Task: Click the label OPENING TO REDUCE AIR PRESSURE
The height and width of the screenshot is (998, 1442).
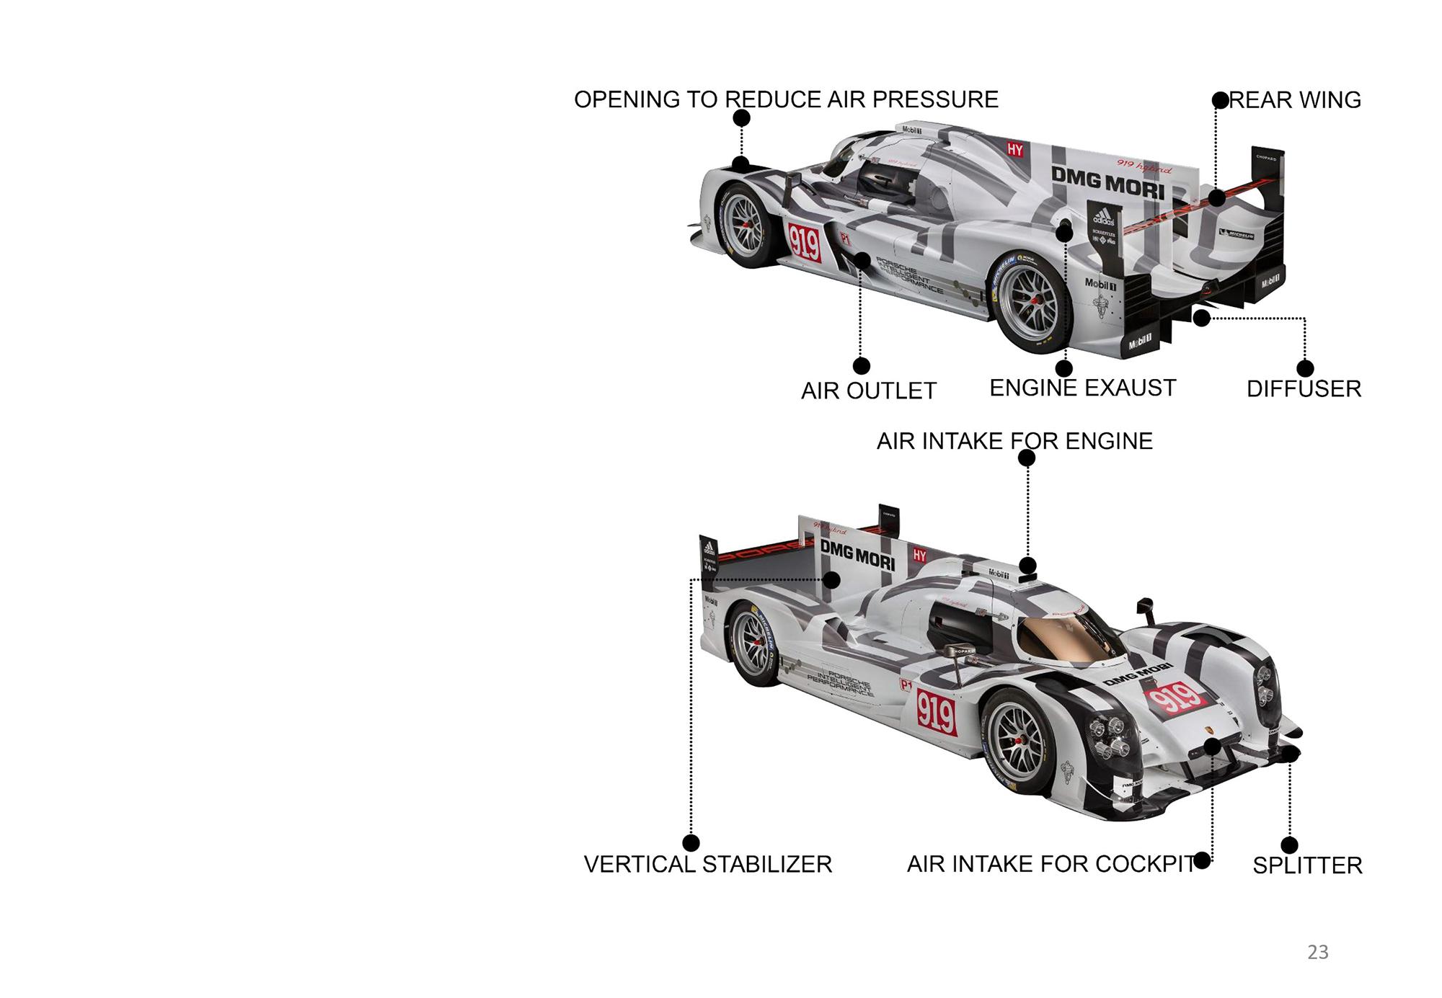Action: tap(786, 99)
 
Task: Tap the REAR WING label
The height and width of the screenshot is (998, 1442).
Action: tap(1295, 100)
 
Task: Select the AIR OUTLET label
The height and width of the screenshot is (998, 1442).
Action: tap(868, 391)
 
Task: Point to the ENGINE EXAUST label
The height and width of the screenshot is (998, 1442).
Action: tap(1082, 388)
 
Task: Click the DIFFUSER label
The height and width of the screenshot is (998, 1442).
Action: tap(1304, 389)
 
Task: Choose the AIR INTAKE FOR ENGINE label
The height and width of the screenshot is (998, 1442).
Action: tap(1014, 441)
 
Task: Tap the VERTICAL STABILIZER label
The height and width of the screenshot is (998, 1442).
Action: tap(707, 864)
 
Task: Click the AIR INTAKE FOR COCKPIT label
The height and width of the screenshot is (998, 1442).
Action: tap(1050, 864)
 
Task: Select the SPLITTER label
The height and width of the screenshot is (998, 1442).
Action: tap(1307, 865)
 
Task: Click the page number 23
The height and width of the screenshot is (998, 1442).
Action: tap(1317, 953)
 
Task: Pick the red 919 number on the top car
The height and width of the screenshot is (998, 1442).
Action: tap(804, 242)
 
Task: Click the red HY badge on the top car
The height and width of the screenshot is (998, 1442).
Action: tap(1015, 149)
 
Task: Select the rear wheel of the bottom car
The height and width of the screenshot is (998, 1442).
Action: tap(753, 644)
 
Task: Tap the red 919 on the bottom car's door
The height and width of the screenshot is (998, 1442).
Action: tap(936, 713)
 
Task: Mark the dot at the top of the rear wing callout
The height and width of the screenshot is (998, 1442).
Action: tap(1220, 100)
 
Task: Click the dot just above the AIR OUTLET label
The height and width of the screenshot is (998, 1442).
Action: tap(861, 366)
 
